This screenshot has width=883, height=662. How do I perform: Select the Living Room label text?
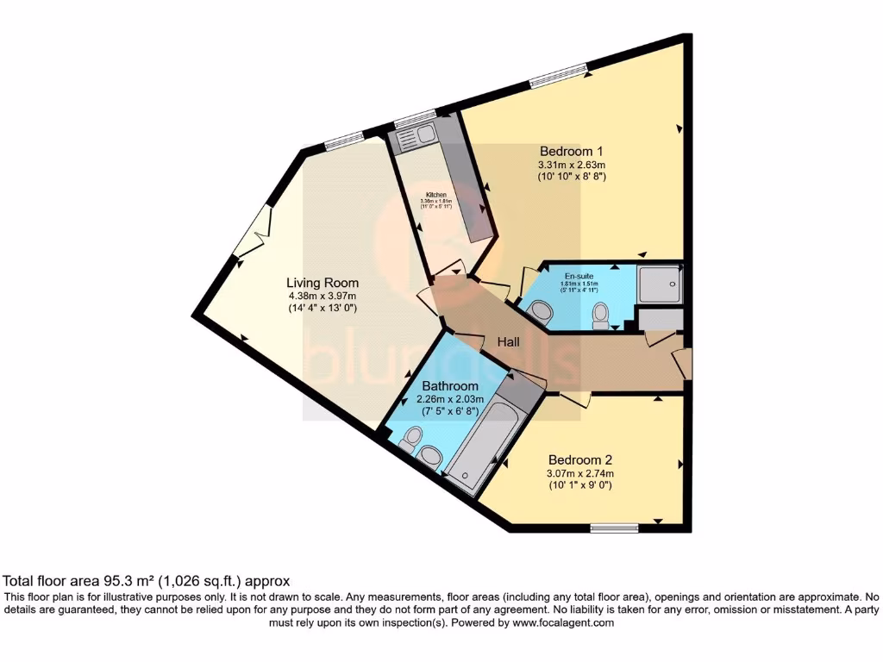click(323, 283)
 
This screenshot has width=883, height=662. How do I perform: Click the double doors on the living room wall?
click(252, 233)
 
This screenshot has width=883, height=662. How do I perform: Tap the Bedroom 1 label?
click(571, 150)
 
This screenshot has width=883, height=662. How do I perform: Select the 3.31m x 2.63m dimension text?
click(571, 164)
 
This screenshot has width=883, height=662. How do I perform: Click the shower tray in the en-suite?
click(660, 283)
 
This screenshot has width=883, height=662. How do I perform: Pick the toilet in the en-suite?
click(600, 317)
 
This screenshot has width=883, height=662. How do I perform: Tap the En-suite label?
click(579, 277)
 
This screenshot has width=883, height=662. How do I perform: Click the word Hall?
click(509, 342)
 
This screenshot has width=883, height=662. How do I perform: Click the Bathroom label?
click(449, 385)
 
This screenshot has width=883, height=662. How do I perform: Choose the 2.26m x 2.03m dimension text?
click(449, 399)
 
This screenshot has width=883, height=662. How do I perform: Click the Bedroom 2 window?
click(614, 527)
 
